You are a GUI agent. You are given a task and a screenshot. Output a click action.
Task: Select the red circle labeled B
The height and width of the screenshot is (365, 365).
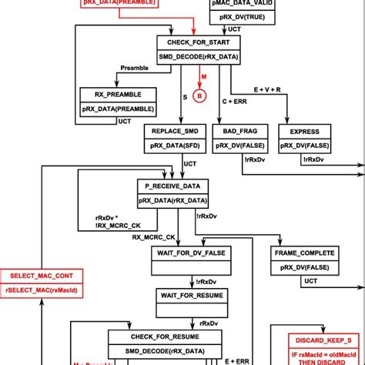[198, 95]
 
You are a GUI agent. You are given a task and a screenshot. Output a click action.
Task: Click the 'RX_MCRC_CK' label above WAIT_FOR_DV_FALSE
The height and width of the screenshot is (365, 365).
[155, 237]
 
